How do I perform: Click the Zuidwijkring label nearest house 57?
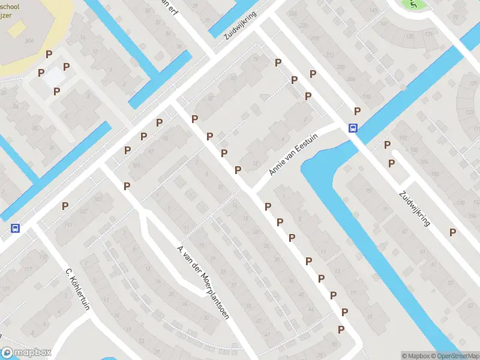pos(415,208)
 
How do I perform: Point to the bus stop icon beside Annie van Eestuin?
pos(353,127)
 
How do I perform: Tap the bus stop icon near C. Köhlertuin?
pos(14,228)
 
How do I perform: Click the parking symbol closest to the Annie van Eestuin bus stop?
pos(357,111)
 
